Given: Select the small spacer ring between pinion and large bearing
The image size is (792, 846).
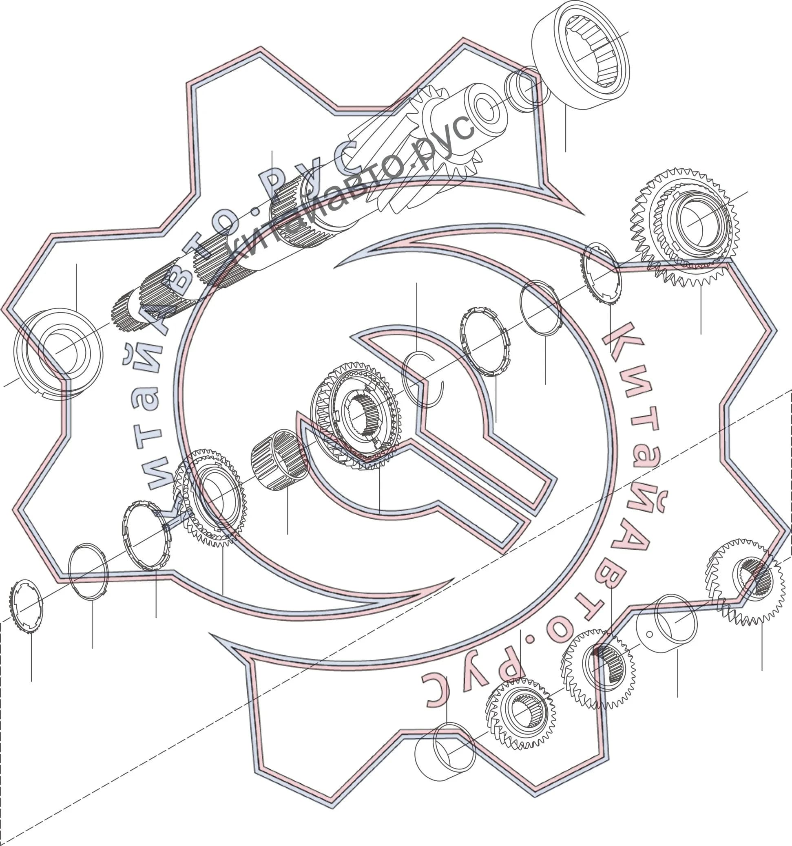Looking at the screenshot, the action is tap(520, 89).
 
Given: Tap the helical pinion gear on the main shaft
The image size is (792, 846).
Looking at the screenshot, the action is tap(443, 141).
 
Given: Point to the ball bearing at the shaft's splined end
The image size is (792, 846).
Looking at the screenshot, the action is tap(58, 353).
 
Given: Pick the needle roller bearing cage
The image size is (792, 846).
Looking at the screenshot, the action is tap(279, 460).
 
